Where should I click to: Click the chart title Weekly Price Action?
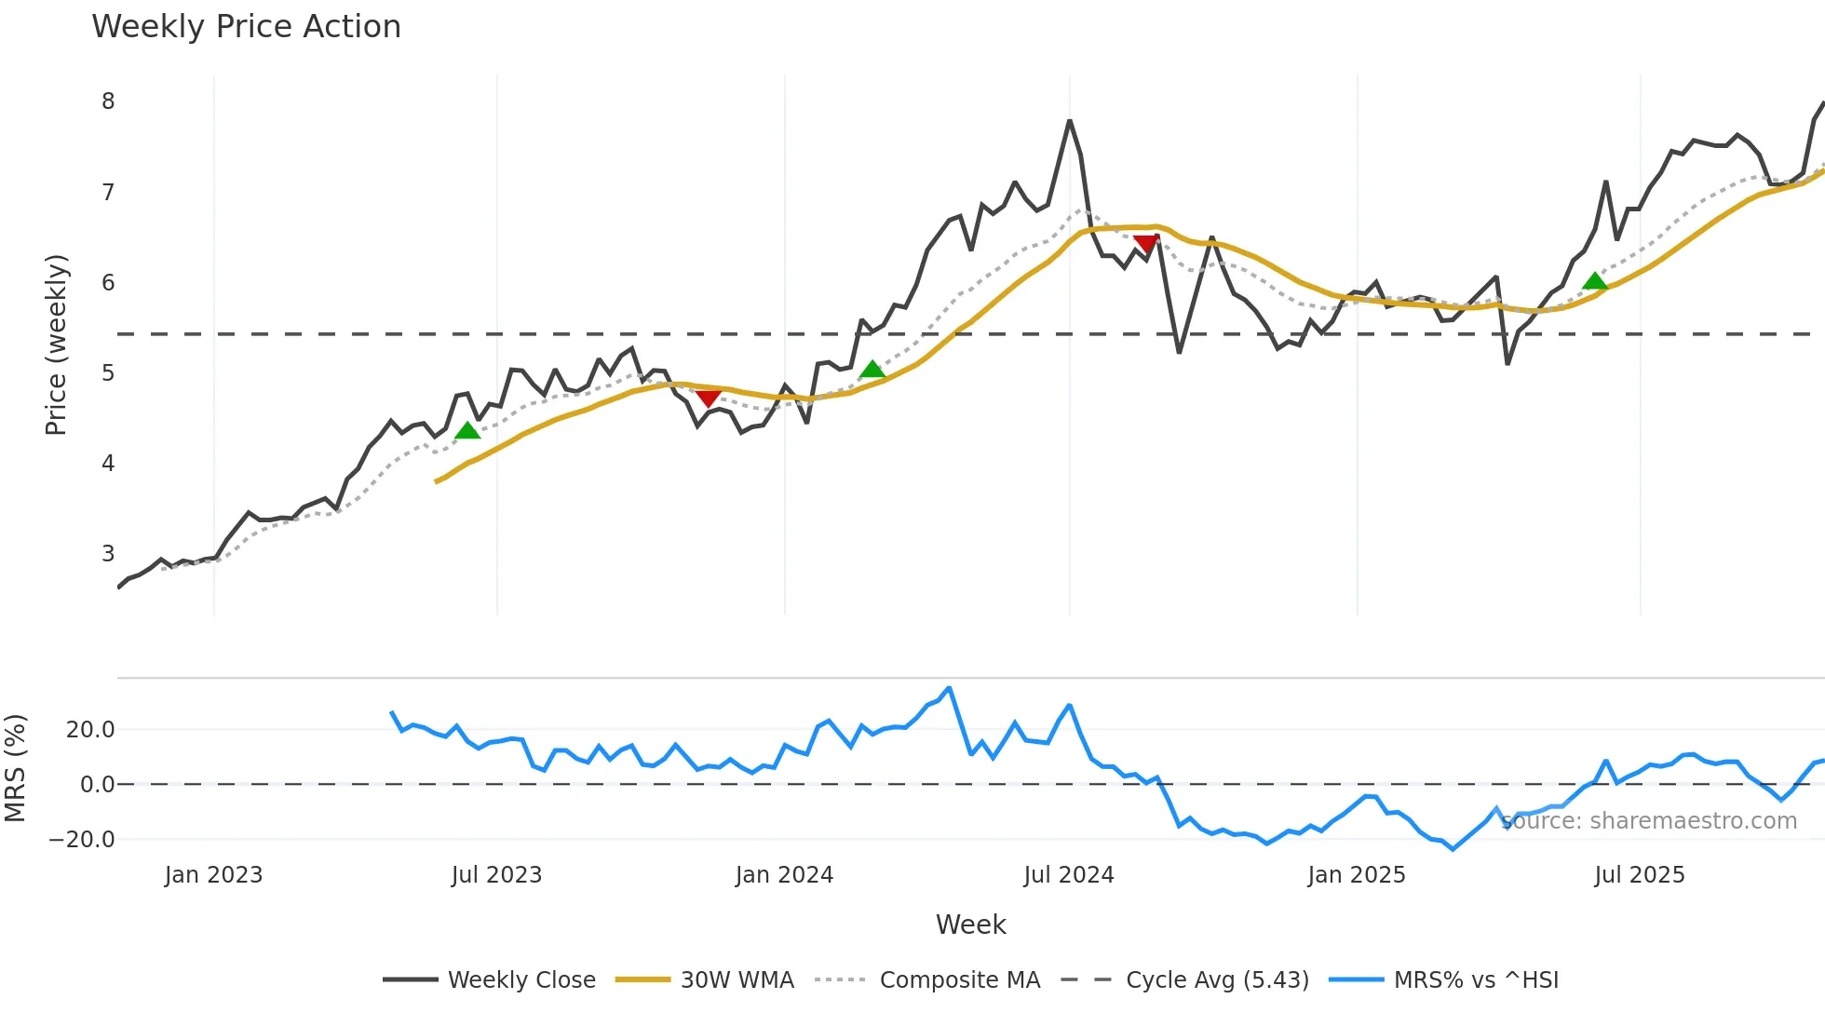click(x=246, y=27)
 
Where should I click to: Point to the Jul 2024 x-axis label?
click(x=1069, y=875)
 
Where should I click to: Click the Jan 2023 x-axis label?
click(x=214, y=875)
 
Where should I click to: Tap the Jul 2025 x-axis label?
click(x=1640, y=875)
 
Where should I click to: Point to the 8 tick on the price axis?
click(x=108, y=101)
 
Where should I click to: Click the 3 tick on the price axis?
click(x=108, y=553)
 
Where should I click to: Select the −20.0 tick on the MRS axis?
click(x=83, y=839)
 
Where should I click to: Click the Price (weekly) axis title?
click(x=56, y=344)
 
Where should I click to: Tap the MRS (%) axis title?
click(x=15, y=768)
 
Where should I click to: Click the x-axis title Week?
click(x=970, y=925)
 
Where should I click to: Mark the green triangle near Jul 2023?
click(x=467, y=430)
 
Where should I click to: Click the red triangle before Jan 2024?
click(x=708, y=398)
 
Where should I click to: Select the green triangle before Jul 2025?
click(x=1595, y=281)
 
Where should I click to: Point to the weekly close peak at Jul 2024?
click(x=1070, y=121)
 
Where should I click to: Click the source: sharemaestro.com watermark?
click(x=1649, y=821)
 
